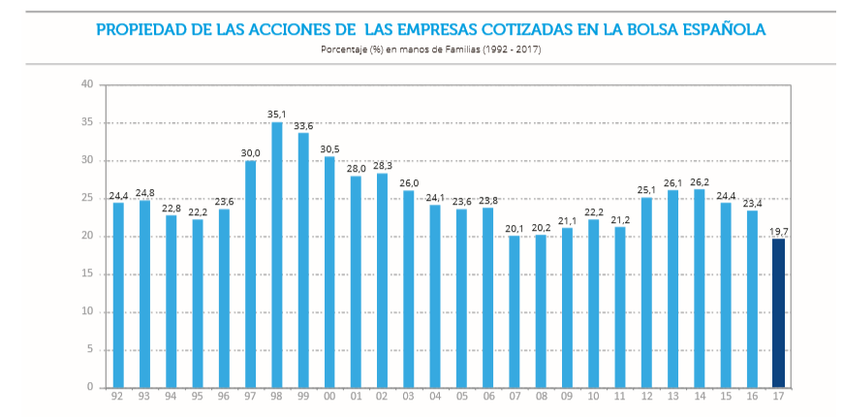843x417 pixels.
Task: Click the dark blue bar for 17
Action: click(778, 312)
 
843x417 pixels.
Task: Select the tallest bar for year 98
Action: click(276, 254)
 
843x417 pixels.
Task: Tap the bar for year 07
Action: click(515, 310)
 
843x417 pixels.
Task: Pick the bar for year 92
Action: click(118, 295)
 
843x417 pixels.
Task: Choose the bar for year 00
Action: click(329, 272)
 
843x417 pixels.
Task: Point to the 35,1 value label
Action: click(276, 114)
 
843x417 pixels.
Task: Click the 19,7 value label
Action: click(778, 231)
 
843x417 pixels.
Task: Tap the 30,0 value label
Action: click(250, 152)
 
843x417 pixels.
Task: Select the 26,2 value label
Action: click(699, 181)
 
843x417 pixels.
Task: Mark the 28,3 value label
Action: click(382, 165)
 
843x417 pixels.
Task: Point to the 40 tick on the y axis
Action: click(87, 84)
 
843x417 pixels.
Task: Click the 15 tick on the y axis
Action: click(87, 273)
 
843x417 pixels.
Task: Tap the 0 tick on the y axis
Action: click(90, 387)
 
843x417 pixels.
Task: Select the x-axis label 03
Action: click(408, 397)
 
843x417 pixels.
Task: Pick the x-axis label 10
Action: click(593, 397)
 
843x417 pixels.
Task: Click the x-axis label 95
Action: click(197, 397)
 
